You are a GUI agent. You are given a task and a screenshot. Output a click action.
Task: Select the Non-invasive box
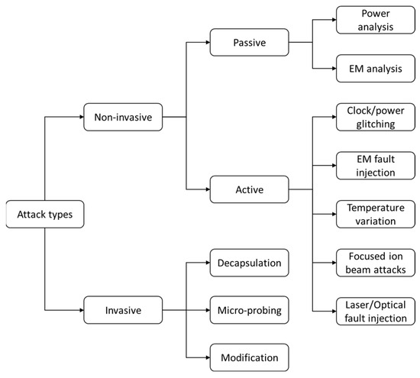(124, 118)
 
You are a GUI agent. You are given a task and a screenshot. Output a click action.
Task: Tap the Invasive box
(124, 310)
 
